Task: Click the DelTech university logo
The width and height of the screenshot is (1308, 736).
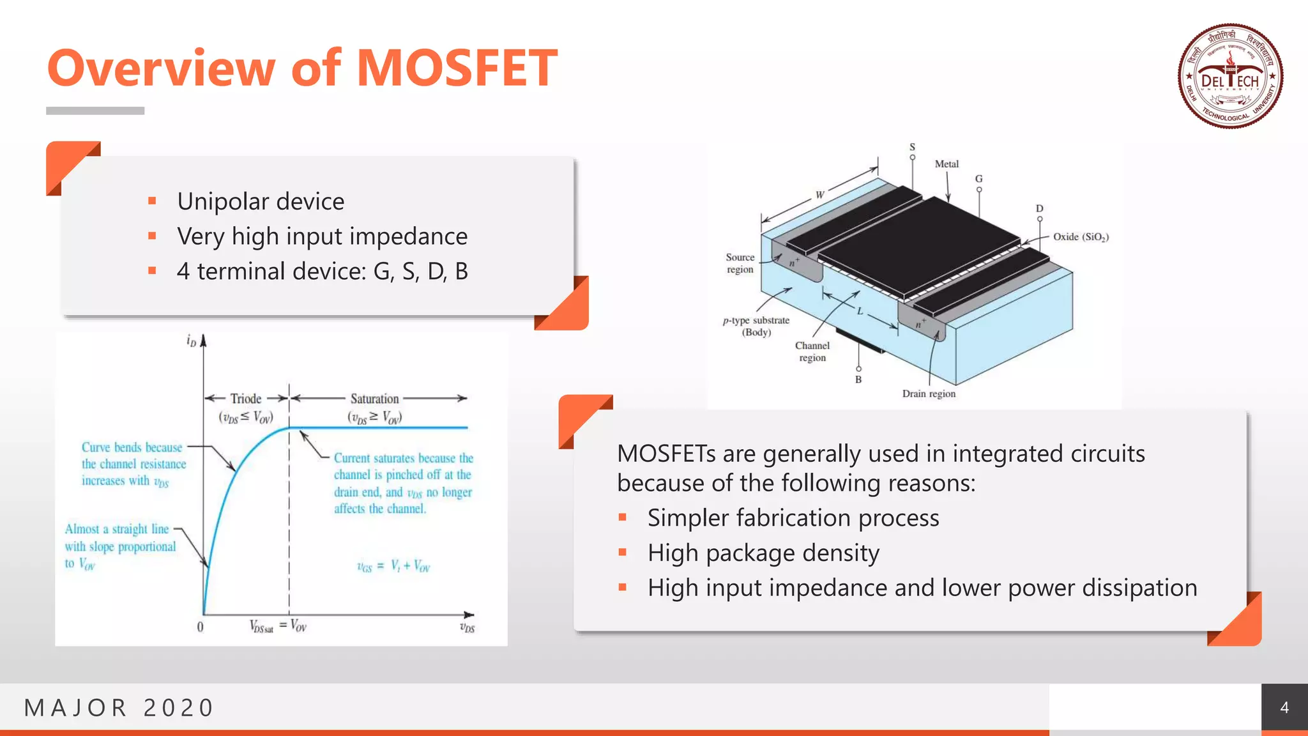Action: click(1230, 76)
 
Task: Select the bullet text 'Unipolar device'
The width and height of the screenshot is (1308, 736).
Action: click(261, 201)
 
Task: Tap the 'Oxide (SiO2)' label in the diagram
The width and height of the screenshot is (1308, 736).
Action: click(1081, 237)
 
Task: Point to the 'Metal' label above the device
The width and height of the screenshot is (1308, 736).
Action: click(947, 164)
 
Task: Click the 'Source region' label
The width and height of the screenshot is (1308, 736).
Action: click(740, 263)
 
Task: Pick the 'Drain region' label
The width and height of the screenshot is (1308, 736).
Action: click(929, 394)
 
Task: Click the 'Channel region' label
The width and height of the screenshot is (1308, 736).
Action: click(812, 351)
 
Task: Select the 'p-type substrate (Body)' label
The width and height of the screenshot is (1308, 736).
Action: click(756, 326)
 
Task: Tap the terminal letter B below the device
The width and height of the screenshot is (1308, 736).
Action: click(858, 379)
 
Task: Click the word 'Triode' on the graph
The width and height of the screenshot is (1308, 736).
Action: click(246, 399)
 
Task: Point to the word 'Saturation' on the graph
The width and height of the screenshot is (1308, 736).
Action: click(374, 399)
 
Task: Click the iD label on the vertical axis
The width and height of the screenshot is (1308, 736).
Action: click(191, 341)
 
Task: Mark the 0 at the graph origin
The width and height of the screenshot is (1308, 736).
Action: click(200, 627)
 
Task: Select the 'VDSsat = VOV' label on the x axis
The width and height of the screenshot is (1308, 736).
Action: click(278, 626)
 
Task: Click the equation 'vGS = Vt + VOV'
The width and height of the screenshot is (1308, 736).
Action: click(393, 566)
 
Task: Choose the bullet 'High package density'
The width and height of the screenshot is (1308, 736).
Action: click(763, 553)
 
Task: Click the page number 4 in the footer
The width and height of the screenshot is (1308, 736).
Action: click(1284, 707)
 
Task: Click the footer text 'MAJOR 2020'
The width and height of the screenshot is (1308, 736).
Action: click(119, 708)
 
